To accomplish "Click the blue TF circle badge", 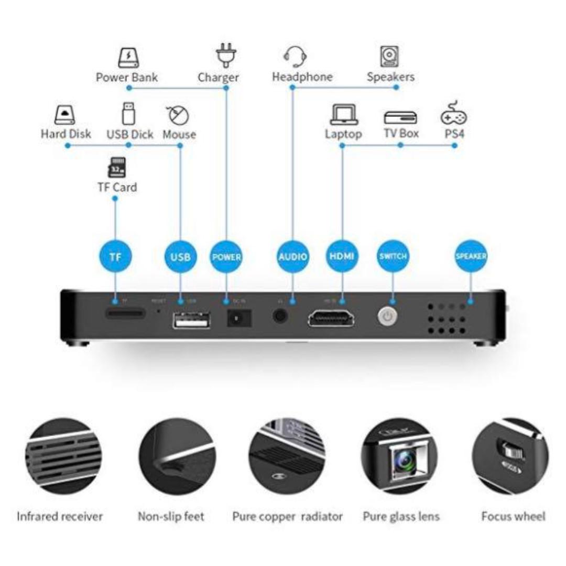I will point(116,257).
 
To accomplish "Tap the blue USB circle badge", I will point(180,257).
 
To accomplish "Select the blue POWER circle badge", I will point(226,257).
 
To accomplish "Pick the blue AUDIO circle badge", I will point(292,257).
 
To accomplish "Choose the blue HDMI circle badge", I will point(342,257).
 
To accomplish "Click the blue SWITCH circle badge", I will point(393,257).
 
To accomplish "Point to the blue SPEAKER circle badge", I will point(470,257).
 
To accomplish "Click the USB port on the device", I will point(191,320).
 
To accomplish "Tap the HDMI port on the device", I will point(331,318).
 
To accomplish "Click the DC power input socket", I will point(239,319).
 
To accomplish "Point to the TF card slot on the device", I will point(126,314).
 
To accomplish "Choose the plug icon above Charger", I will point(226,56).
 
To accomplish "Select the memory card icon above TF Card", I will point(116,167).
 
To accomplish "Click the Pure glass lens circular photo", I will point(400,456).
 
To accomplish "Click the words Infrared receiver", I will point(60,517).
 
